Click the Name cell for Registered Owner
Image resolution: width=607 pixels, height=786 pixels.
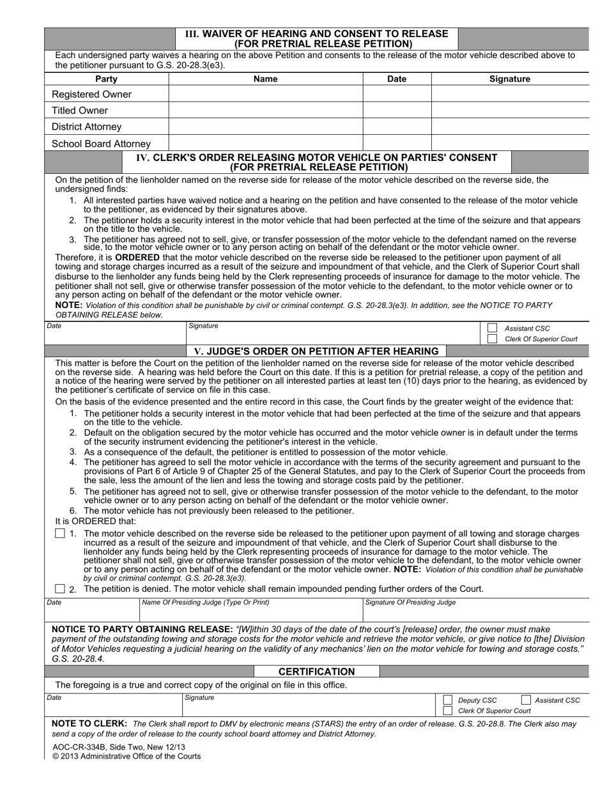266,95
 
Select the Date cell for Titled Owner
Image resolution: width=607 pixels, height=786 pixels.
397,111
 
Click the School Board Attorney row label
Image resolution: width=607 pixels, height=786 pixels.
101,144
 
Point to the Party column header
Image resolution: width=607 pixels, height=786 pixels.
106,79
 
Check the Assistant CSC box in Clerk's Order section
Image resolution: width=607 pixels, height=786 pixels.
492,328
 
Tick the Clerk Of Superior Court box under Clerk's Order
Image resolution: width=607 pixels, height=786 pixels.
492,339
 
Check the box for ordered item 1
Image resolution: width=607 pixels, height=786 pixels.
60,534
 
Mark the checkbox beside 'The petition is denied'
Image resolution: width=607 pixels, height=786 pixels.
60,589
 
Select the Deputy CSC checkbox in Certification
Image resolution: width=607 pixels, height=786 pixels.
448,700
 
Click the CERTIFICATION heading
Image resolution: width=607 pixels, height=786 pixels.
316,672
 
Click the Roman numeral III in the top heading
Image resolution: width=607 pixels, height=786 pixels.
192,33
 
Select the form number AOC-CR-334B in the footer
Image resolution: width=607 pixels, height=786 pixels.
75,746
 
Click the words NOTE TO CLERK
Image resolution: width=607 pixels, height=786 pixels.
89,724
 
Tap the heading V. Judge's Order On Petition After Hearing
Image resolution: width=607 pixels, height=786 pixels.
316,351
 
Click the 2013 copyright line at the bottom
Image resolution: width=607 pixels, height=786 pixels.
126,756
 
